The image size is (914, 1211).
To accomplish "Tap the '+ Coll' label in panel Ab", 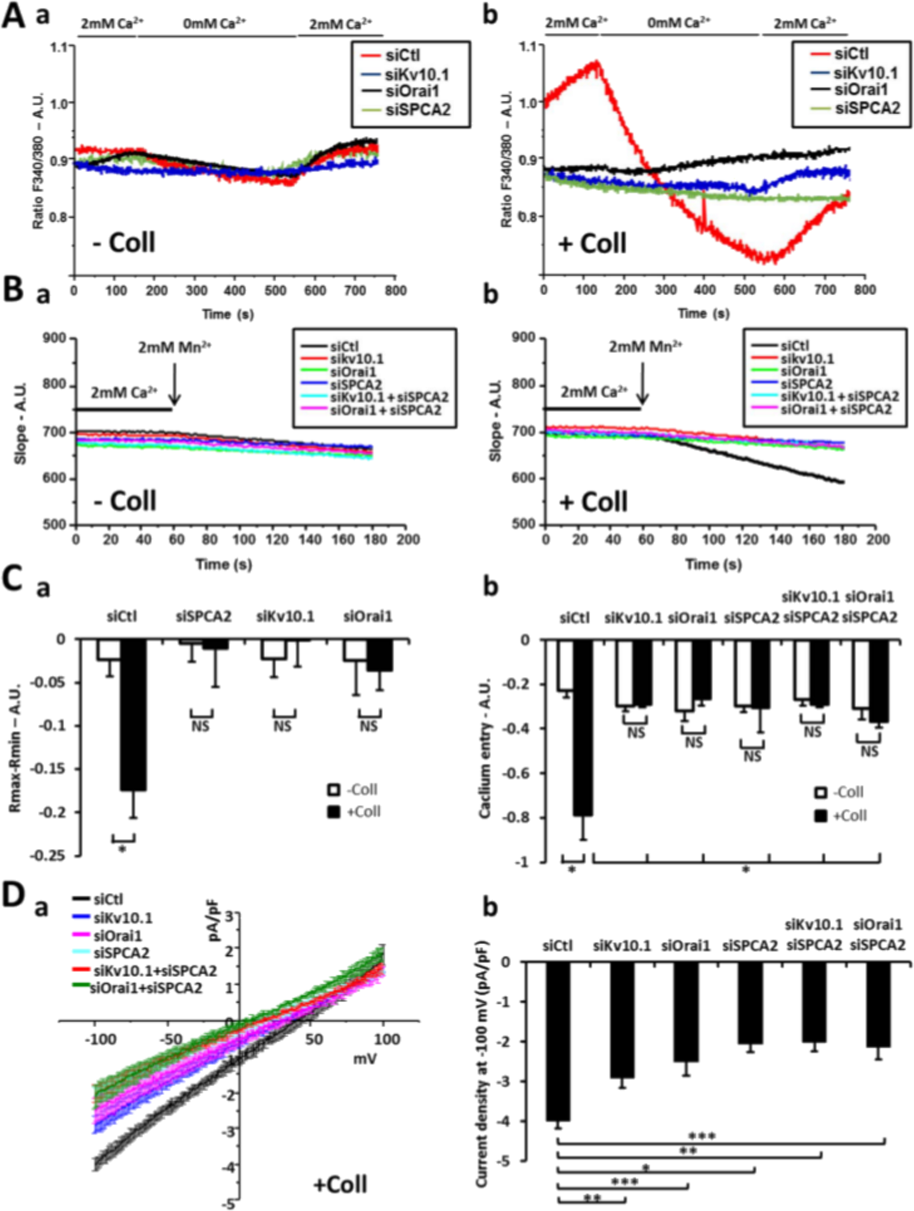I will pyautogui.click(x=592, y=243).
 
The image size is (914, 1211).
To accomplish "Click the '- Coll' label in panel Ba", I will pyautogui.click(x=125, y=500).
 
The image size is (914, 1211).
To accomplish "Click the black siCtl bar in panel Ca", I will pyautogui.click(x=134, y=715).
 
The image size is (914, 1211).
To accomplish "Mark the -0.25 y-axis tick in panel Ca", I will pyautogui.click(x=57, y=856).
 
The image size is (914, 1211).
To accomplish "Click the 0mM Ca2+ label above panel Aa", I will pyautogui.click(x=214, y=23).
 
